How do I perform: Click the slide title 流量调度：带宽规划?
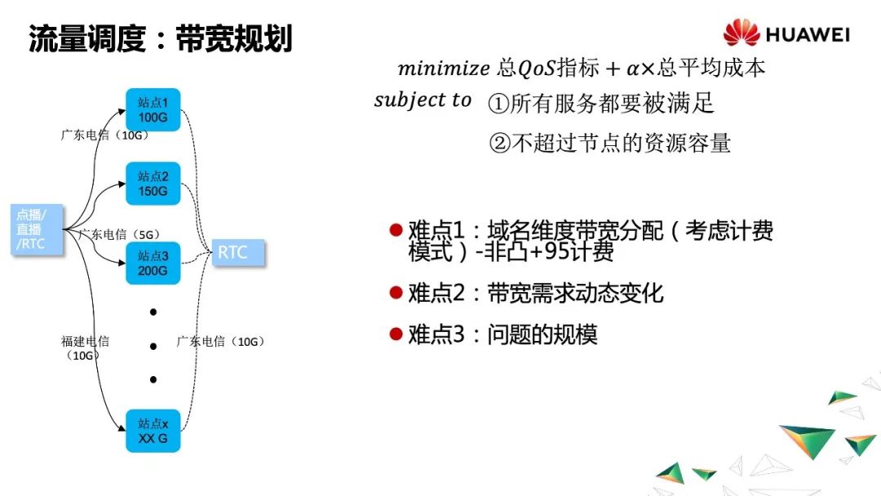click(160, 38)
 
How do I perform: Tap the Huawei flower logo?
click(741, 33)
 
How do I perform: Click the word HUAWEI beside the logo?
click(808, 34)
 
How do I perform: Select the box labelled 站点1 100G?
click(153, 110)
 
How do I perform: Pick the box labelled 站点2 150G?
click(153, 184)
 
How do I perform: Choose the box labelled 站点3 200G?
click(153, 263)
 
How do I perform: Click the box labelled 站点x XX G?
click(153, 432)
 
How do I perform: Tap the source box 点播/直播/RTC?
click(38, 229)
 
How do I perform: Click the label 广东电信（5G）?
click(119, 234)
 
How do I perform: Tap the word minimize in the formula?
click(444, 68)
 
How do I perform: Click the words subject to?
click(423, 100)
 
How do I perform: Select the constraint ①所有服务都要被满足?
click(600, 104)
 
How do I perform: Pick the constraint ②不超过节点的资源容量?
click(609, 144)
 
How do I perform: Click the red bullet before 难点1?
click(396, 231)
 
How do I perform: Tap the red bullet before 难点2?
click(396, 292)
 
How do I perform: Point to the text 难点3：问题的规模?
click(502, 334)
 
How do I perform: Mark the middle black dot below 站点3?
click(153, 346)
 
